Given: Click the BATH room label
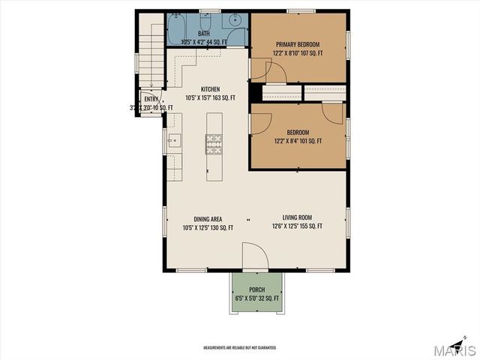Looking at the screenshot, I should pos(204,34).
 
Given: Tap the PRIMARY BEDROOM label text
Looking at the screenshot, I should pos(298,44).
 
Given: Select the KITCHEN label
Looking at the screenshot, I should pos(211,88).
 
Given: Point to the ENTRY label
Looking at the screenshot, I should pos(151,99).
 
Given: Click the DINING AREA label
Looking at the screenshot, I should pos(208,218).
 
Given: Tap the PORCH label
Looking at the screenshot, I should pos(257,289).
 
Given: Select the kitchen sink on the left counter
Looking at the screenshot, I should pos(172,139).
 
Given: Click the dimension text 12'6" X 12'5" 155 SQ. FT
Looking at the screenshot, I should pos(297,226).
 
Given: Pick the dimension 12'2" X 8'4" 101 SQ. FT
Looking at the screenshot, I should pos(298,140).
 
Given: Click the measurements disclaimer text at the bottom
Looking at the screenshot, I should pos(240,347).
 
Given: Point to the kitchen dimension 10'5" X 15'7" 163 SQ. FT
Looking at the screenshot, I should pos(211,97).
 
